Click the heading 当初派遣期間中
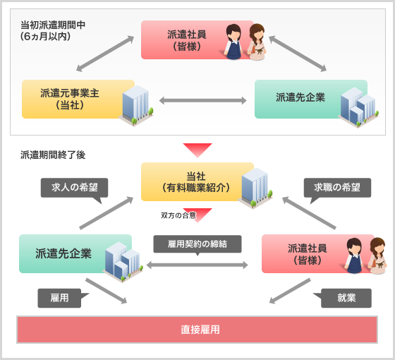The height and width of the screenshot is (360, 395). click(53, 25)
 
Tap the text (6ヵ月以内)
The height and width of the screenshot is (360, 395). click(45, 36)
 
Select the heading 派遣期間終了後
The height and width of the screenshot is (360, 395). click(53, 155)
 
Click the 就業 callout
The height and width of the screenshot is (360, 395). click(342, 298)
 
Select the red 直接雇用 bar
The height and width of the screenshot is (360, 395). click(197, 330)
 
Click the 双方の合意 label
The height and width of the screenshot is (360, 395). click(178, 215)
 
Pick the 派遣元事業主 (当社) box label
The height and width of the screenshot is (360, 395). click(70, 99)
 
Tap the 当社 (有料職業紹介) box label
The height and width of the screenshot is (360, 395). click(196, 182)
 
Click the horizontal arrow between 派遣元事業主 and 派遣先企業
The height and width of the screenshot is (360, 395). click(203, 100)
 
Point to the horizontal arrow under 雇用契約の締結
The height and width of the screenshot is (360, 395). click(197, 265)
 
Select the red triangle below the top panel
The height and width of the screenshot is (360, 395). click(197, 149)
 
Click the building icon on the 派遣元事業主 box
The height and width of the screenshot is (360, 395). click(136, 105)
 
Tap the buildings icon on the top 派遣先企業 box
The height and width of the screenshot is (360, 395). click(358, 107)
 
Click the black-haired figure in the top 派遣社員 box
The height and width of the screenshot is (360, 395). click(233, 42)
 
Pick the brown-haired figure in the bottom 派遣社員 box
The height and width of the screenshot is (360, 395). click(377, 256)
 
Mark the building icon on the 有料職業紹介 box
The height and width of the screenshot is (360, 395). click(255, 188)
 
